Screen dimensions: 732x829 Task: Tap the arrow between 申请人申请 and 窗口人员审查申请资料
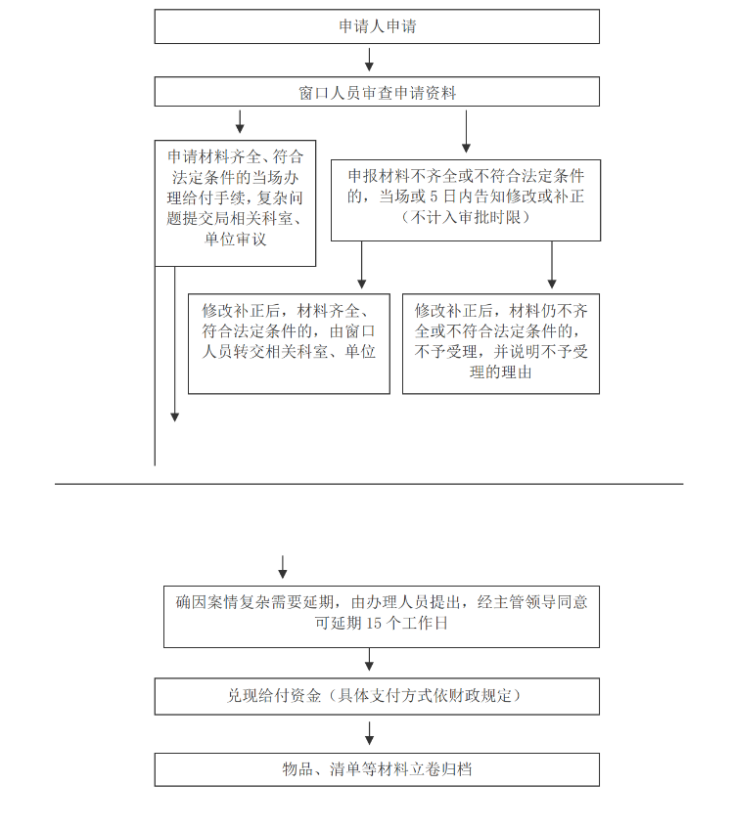[370, 60]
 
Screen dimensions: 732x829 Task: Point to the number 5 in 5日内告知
[434, 196]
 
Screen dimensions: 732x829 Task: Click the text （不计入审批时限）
[466, 217]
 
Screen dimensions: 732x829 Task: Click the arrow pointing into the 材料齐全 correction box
[362, 265]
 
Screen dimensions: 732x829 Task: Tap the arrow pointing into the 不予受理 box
[552, 265]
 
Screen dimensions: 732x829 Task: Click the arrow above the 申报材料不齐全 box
[466, 132]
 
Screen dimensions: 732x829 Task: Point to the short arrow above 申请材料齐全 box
[240, 121]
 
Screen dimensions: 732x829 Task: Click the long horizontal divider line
[369, 484]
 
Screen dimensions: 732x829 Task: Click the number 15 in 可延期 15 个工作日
[374, 624]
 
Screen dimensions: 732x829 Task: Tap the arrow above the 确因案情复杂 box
[283, 567]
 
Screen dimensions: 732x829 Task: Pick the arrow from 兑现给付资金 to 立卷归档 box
[370, 734]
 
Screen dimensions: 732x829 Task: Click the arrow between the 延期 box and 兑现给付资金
[370, 660]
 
